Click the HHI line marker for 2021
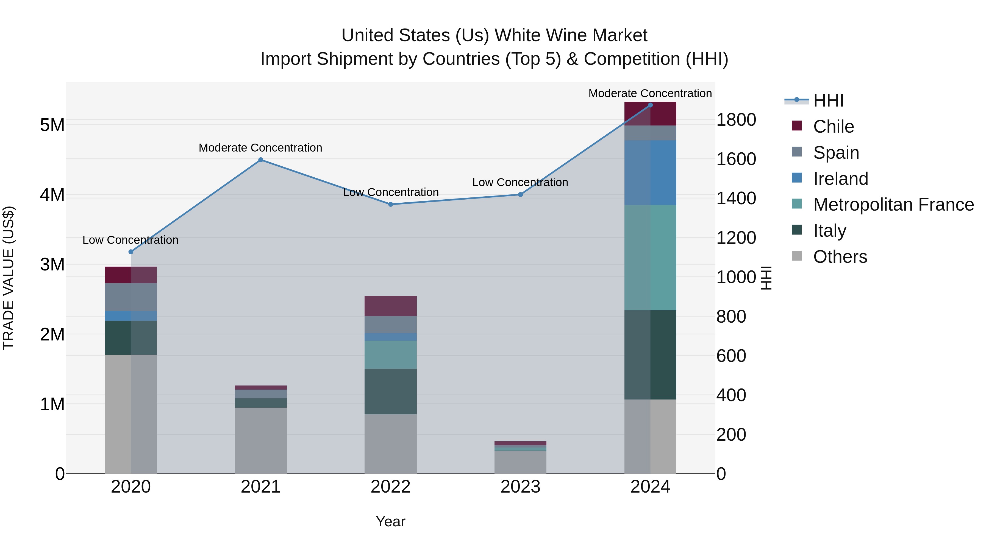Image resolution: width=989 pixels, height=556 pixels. click(260, 160)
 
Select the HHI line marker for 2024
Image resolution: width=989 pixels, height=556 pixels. click(650, 105)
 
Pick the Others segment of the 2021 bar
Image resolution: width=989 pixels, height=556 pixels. click(260, 440)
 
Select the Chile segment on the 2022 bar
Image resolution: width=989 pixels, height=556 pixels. click(390, 306)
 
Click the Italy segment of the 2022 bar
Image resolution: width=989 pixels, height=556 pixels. click(390, 391)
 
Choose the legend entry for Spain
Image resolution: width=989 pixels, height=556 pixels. click(835, 152)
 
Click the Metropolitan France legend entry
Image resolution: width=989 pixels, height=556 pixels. click(893, 205)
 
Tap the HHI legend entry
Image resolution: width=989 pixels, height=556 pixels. click(828, 100)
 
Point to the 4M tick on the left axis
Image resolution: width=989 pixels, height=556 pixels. click(52, 195)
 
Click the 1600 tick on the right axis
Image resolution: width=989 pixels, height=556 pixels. click(736, 159)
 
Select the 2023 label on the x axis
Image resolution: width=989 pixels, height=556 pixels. click(520, 487)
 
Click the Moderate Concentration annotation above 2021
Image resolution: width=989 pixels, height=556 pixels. click(260, 148)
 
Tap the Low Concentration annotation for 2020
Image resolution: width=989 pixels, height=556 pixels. click(130, 240)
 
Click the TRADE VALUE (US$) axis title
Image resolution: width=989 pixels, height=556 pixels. click(9, 278)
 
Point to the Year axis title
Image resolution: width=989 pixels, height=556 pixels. click(390, 521)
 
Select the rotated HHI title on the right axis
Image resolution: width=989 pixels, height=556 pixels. click(766, 278)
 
